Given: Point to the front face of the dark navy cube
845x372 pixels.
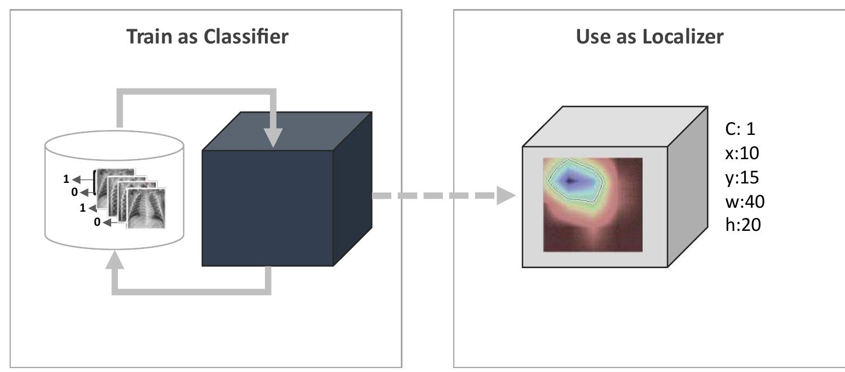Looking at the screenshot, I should [267, 208].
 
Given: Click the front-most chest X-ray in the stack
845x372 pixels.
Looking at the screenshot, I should [147, 208].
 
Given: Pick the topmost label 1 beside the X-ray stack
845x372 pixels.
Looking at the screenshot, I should [67, 179].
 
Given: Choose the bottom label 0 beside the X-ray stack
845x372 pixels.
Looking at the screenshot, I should [96, 222].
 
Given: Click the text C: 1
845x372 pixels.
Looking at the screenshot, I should [740, 129].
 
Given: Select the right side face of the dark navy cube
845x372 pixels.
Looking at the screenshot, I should [352, 189].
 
